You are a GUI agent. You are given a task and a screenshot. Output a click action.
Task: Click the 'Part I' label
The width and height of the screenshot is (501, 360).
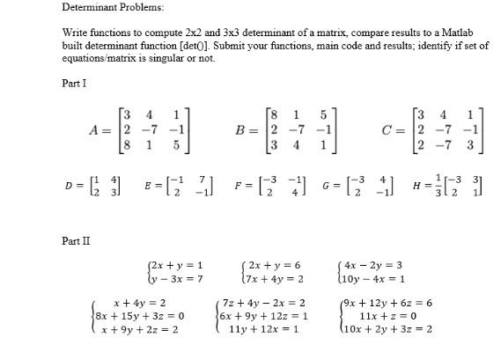[x=75, y=84]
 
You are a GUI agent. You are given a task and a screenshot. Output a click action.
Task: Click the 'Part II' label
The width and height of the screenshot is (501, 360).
[x=77, y=240]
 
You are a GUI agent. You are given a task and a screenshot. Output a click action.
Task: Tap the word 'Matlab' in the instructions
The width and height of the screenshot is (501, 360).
[x=468, y=33]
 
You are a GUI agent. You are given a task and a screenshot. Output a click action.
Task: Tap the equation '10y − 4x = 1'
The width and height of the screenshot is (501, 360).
[x=374, y=278]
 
